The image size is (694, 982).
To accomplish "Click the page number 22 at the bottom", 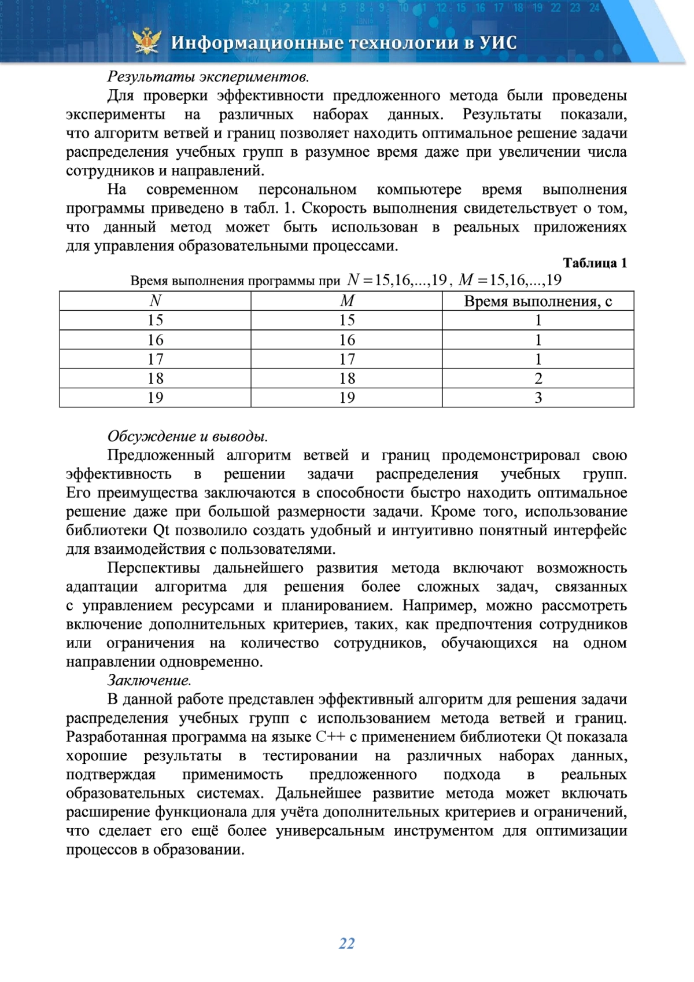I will point(346,943).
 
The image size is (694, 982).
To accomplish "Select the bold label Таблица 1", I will point(595,263).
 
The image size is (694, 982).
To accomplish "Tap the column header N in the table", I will point(155,301).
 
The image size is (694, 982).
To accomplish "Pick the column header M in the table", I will point(346,301).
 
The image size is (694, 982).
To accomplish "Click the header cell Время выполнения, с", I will point(538,301).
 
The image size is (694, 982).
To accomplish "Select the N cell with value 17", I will point(155,359).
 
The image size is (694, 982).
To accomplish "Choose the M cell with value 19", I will point(346,398).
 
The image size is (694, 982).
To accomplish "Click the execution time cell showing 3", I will point(538,398).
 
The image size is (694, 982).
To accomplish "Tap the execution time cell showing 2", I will point(538,378).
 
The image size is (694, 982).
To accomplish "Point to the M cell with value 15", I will point(346,321).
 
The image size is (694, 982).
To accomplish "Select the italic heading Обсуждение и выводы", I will point(187,436).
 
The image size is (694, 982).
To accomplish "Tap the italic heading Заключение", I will point(149,681).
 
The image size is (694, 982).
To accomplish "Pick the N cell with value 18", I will point(155,378).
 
